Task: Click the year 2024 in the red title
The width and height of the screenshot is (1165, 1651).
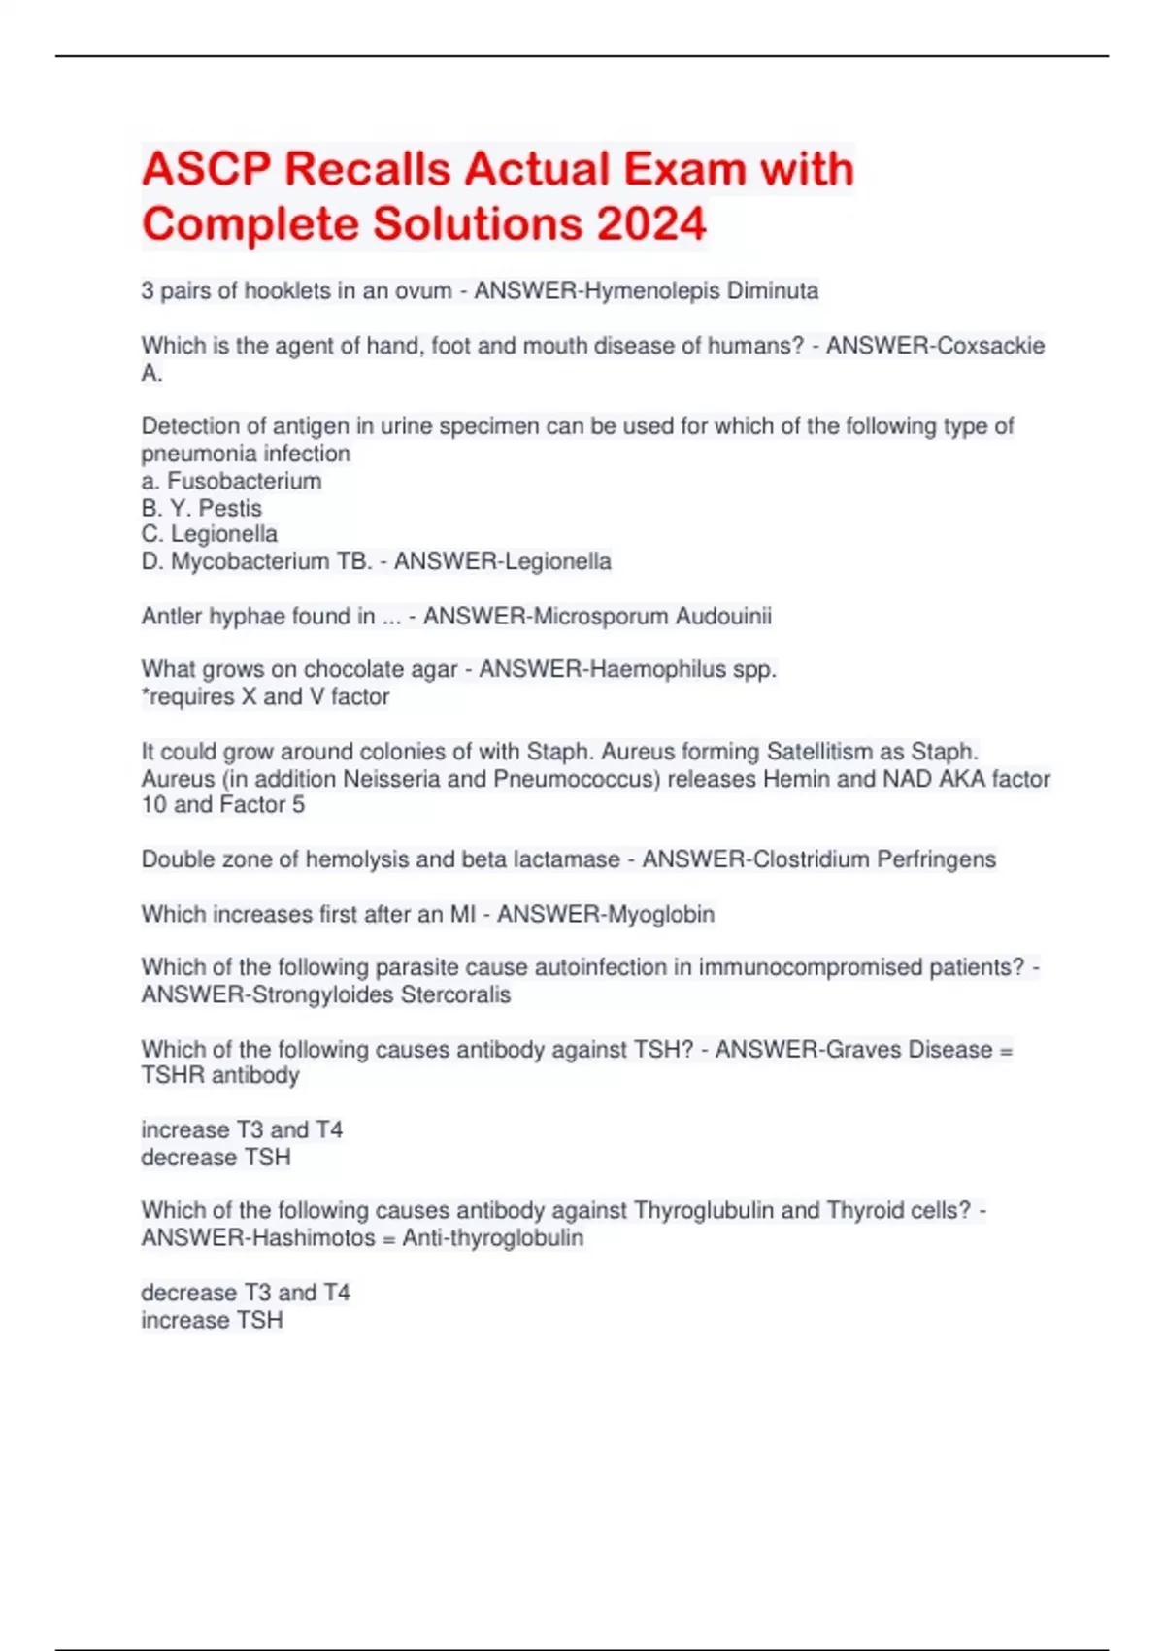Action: tap(651, 224)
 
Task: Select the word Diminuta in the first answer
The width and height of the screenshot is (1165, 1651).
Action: tap(773, 291)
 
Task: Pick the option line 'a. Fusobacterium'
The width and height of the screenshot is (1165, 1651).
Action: tap(231, 481)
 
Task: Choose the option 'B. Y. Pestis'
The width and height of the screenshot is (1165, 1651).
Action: tap(202, 508)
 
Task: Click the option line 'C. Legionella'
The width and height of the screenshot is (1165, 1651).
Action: tap(210, 534)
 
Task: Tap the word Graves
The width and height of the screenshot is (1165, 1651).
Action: tap(863, 1050)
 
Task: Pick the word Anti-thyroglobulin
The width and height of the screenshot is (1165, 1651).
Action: tap(493, 1238)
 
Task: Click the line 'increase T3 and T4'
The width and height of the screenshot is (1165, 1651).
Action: tap(242, 1130)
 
